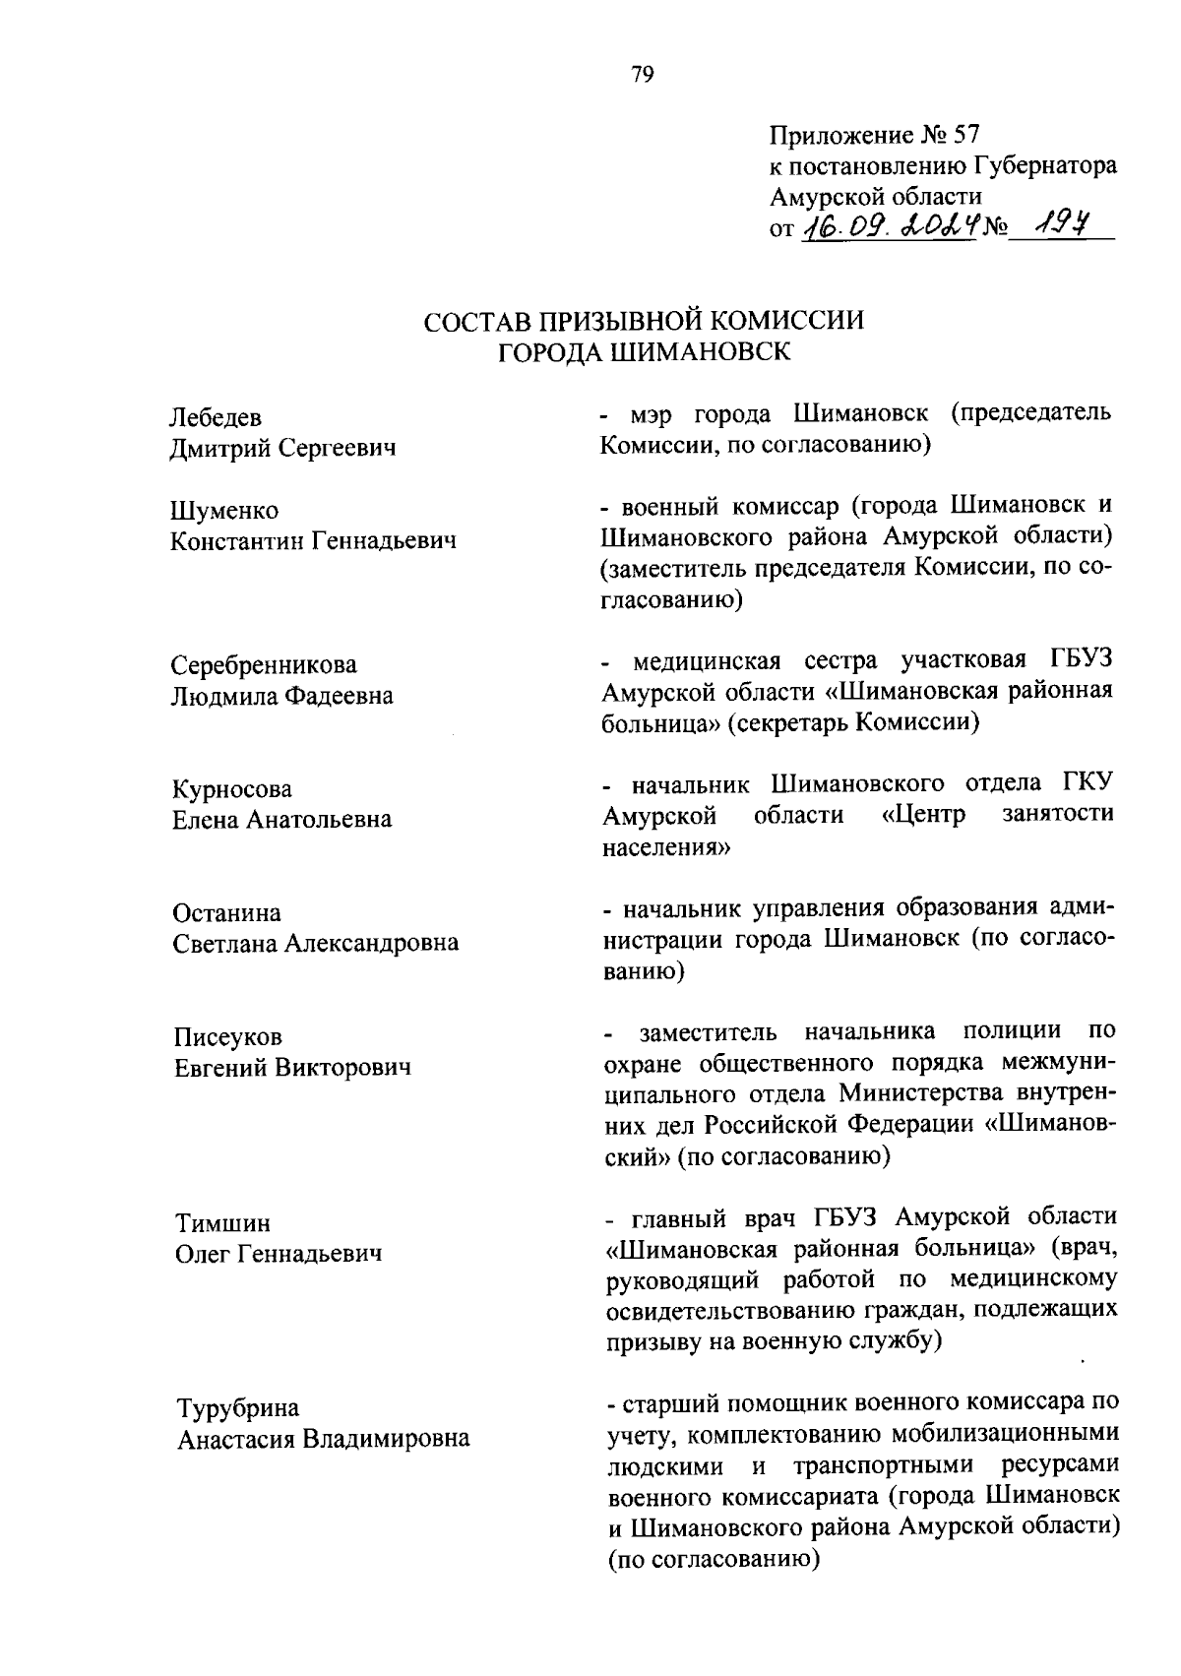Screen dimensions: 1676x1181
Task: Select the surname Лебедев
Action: tap(217, 418)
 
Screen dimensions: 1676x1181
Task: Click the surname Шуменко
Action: tap(224, 511)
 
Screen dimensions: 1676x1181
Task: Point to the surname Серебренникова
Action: tap(264, 665)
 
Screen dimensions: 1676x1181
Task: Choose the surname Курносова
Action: tap(232, 789)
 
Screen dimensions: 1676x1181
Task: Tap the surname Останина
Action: tap(226, 913)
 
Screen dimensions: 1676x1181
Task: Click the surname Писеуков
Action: tap(227, 1037)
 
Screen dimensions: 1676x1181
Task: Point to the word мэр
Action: tap(655, 413)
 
